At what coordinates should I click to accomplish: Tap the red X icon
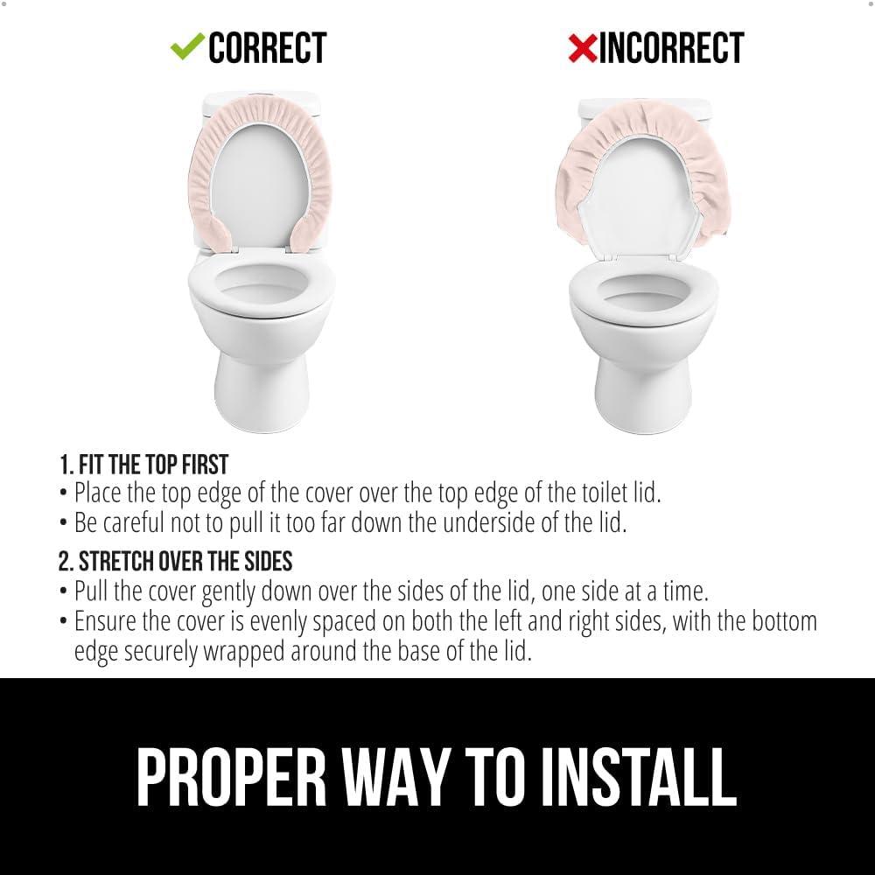[583, 48]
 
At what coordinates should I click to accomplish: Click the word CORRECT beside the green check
[267, 48]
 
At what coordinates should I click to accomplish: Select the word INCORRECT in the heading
[671, 48]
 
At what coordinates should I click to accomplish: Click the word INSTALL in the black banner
[639, 777]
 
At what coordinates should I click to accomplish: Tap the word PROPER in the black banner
[232, 777]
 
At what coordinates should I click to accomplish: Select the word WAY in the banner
[395, 777]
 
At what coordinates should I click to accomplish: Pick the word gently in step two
[228, 592]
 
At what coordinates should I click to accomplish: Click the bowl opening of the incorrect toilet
[643, 290]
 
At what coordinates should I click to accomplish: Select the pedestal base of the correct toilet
[262, 389]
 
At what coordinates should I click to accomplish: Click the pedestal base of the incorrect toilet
[643, 394]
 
